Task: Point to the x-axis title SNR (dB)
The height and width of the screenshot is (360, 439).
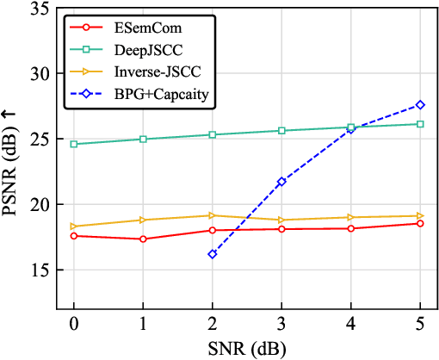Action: click(x=246, y=349)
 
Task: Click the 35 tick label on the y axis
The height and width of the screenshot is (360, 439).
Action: click(x=36, y=9)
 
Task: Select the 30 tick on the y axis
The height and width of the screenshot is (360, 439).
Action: click(x=36, y=74)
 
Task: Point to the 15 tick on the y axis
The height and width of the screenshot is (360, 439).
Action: click(x=36, y=270)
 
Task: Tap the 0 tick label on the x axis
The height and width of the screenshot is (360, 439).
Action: click(x=73, y=327)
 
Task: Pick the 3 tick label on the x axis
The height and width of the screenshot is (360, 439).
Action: click(x=281, y=327)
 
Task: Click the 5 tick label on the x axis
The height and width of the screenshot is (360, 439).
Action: click(x=420, y=327)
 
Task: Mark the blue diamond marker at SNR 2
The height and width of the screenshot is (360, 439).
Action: click(x=212, y=254)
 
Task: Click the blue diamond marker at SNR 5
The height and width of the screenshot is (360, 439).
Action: click(x=420, y=105)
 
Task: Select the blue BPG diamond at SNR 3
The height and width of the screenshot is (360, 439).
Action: click(x=281, y=182)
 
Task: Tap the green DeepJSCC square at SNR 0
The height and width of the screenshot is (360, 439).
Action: click(x=73, y=144)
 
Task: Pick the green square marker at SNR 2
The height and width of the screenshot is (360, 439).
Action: click(x=212, y=134)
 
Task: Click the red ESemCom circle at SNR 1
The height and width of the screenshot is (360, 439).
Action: click(x=143, y=239)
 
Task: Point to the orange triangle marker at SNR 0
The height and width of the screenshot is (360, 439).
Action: click(x=73, y=227)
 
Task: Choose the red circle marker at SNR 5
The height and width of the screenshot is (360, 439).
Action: click(x=420, y=223)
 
